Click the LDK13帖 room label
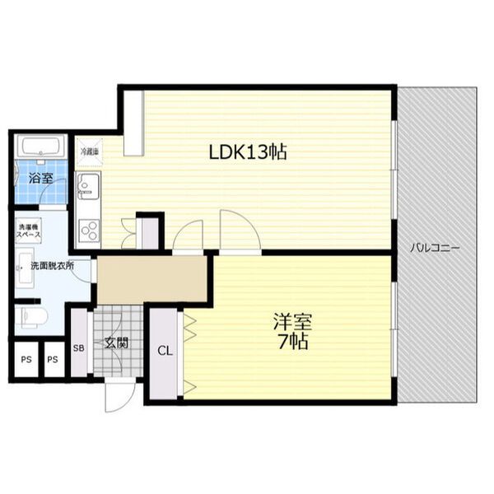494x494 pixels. coord(247,152)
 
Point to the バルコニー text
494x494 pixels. coord(436,247)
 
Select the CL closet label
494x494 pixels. coord(165,350)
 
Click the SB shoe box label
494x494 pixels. coord(79,347)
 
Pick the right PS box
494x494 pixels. coord(52,360)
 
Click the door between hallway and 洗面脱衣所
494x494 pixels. coord(90,280)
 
